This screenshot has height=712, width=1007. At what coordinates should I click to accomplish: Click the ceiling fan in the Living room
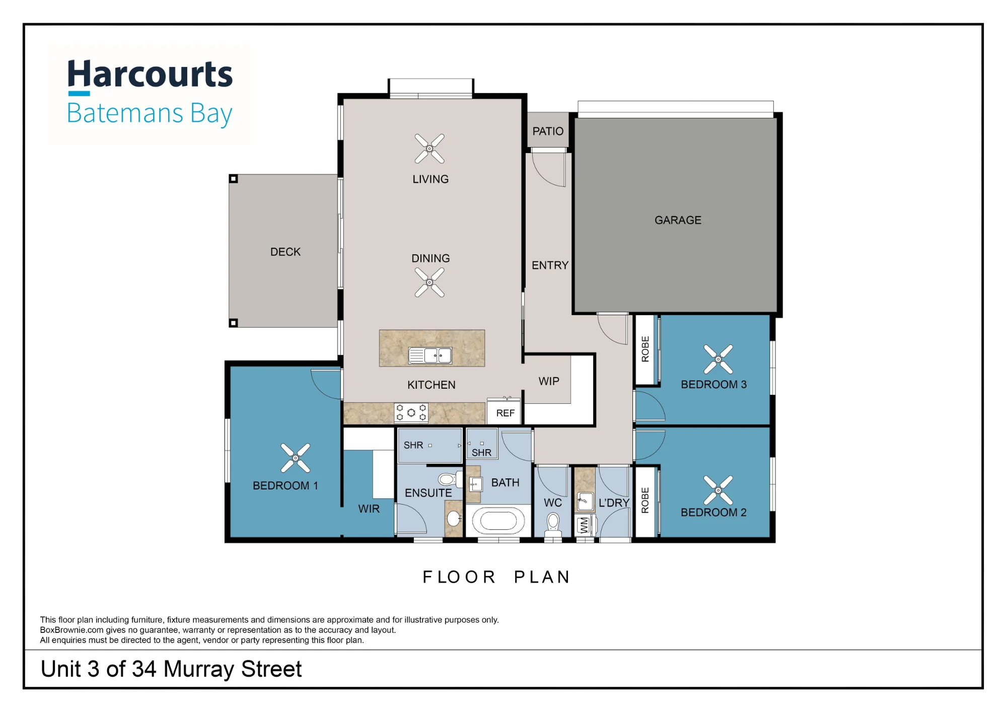429,149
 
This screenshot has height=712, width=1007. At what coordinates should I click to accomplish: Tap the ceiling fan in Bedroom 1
296,458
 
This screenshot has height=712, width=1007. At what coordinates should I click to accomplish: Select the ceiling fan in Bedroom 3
718,359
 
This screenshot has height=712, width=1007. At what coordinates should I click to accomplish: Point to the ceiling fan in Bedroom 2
718,490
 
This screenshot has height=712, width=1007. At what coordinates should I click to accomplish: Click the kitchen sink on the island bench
430,355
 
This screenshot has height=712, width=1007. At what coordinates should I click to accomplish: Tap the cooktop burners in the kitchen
411,412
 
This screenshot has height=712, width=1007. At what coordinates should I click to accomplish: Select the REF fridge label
505,413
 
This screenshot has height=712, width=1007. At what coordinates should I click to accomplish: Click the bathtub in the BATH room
498,521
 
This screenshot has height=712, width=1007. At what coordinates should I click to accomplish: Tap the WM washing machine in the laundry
584,526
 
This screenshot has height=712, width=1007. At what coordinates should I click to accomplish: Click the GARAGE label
678,220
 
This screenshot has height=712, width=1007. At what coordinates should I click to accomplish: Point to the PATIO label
548,131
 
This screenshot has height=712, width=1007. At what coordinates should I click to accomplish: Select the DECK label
285,252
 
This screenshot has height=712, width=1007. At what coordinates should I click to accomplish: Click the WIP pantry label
549,381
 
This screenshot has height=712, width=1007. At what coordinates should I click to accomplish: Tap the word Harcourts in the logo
150,74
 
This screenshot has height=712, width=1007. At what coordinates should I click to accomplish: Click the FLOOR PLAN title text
496,577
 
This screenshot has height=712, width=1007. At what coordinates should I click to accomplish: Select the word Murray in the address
198,670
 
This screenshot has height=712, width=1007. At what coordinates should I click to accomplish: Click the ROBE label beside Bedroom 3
645,349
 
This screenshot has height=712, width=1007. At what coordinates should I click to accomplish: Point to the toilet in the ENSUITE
448,479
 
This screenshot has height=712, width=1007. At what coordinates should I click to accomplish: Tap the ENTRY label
550,265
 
